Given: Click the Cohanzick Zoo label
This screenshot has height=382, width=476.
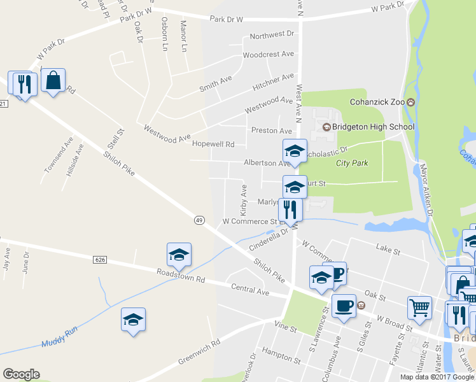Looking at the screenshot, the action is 378,102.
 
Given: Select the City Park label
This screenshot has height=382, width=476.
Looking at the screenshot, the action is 352,163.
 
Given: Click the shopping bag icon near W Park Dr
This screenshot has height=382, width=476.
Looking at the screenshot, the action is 53,81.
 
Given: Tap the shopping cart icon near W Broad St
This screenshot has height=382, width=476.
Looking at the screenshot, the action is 419,308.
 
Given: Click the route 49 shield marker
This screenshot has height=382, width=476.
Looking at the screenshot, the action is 199,220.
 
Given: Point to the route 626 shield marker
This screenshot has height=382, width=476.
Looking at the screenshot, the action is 99,260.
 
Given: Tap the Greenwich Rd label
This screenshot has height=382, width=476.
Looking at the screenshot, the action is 199,351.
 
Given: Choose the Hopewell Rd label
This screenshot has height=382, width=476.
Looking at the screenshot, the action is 214,145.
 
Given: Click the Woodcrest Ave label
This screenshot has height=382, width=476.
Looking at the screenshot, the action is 268,55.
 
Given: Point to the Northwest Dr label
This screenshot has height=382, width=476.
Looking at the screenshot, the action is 272,34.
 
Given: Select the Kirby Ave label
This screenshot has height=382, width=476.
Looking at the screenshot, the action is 243,199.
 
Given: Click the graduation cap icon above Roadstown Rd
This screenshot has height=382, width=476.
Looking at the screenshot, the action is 179,255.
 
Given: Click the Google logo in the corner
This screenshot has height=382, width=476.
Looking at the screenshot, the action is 21,374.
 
